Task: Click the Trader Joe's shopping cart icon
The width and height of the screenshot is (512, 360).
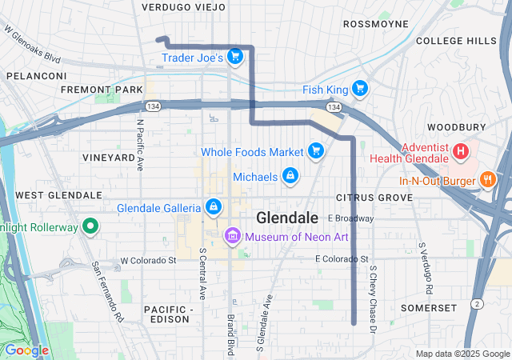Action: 234,56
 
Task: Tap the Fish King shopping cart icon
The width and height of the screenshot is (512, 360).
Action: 360,88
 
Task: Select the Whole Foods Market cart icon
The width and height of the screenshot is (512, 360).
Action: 316,150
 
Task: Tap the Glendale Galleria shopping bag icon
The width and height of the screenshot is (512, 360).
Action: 213,207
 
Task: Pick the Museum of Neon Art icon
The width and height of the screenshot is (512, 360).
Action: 233,235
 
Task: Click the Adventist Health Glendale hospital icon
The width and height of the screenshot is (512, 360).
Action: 461,150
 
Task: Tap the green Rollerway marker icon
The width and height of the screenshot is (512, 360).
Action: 90,226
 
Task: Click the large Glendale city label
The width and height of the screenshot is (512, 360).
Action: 287,218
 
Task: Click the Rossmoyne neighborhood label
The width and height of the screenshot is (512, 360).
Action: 376,24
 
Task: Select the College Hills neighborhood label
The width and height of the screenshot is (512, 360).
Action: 456,41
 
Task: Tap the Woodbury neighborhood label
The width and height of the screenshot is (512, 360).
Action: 456,127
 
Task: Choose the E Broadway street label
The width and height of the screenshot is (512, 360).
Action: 350,218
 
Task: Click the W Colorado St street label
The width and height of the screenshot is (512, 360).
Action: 148,261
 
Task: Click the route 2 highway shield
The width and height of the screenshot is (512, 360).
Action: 476,303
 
